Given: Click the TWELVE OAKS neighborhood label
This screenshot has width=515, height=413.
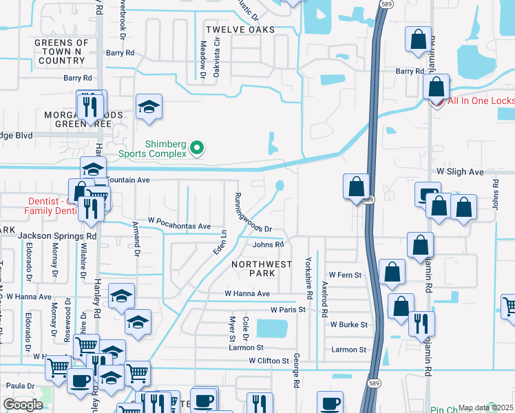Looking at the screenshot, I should pos(240,30).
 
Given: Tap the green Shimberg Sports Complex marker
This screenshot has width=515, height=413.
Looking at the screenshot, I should pos(197,147).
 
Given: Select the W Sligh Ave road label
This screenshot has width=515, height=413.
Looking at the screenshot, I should pos(460,171).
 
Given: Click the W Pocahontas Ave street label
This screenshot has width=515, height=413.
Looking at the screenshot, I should pos(179,226).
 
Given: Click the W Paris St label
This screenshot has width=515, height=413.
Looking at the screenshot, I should pos(288,310).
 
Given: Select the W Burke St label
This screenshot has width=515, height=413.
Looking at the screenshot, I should pos(349,324).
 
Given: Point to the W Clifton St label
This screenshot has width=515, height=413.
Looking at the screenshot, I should pos(269,361).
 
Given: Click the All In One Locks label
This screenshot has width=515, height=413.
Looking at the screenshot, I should pos(481,101).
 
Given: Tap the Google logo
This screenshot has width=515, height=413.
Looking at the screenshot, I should pos(23,405).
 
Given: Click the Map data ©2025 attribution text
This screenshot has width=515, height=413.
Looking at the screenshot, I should pos(485,407).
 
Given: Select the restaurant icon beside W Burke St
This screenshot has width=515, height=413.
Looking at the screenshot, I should pos(421,323).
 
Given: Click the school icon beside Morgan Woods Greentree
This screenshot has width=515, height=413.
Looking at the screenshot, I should pos(149,107).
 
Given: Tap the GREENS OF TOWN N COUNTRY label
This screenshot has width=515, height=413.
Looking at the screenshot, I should pos(63,52).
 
